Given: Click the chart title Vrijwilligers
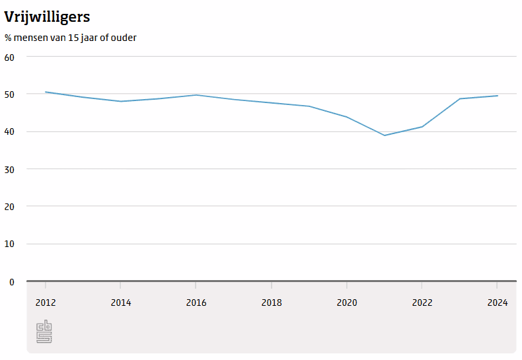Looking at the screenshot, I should click(x=47, y=17).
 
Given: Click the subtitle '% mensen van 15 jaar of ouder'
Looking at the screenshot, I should click(x=70, y=38).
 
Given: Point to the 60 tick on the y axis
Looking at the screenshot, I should click(x=9, y=57).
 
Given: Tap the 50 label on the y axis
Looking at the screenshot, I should click(x=9, y=94).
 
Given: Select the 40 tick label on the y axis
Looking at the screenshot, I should click(x=9, y=131).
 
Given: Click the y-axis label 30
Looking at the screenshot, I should click(x=9, y=169).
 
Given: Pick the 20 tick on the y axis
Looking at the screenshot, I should click(x=9, y=207).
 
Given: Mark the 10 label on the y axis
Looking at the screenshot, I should click(x=9, y=244).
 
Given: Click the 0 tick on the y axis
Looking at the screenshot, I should click(x=12, y=282).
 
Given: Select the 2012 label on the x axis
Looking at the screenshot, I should click(x=46, y=303).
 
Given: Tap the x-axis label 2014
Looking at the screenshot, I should click(x=121, y=303).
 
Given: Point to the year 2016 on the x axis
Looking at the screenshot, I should click(x=196, y=303).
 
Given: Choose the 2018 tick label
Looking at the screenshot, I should click(x=272, y=303).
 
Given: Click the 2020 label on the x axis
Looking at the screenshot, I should click(x=347, y=303).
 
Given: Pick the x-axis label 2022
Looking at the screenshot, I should click(x=422, y=303).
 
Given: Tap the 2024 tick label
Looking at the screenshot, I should click(x=498, y=303).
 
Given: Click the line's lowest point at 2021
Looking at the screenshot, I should click(x=385, y=135).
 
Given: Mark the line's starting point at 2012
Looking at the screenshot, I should click(x=46, y=92).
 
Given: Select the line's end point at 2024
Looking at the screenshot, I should click(x=498, y=96).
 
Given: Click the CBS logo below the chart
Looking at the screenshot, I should click(x=44, y=331).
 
